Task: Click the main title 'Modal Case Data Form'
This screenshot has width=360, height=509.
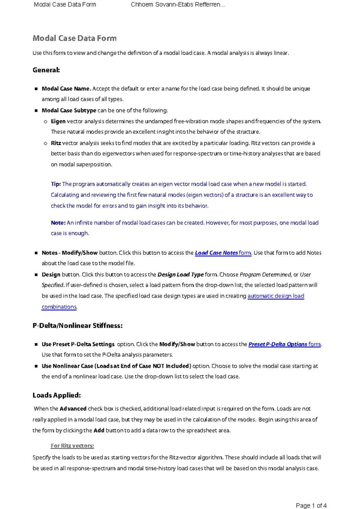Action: coord(74,38)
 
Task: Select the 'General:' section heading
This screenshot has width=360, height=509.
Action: coord(46,70)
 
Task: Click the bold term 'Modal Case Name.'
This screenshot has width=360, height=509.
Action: coord(66,89)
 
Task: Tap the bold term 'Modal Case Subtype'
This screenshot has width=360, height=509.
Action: coord(69,110)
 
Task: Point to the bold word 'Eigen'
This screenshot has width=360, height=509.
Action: coord(58,122)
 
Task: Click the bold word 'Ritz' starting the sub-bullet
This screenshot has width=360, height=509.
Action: coord(56,143)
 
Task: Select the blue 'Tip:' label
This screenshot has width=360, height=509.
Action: coord(56,184)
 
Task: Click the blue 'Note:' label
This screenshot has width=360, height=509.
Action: coord(58,223)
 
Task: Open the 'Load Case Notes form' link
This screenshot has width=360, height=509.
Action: coord(223,253)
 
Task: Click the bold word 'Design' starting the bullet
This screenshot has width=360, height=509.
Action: coord(51,275)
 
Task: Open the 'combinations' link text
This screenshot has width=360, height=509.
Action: coord(59,307)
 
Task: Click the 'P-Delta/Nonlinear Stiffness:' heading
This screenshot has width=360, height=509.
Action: coord(77,326)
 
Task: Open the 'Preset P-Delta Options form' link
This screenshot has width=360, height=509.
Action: coord(284,344)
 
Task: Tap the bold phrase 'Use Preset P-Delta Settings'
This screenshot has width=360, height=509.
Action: coord(78,344)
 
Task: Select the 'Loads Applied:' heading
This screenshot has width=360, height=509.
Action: coord(57,395)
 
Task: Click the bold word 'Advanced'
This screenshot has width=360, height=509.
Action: coord(73,409)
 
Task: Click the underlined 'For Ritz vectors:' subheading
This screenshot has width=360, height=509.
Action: coord(72,446)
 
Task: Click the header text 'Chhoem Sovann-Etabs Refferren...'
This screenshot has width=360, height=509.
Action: coord(178,5)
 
